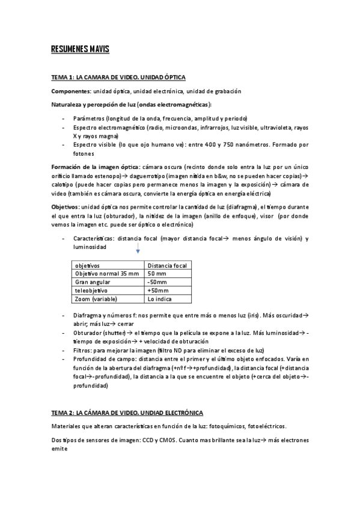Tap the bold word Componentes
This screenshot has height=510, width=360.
pos(70,91)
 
